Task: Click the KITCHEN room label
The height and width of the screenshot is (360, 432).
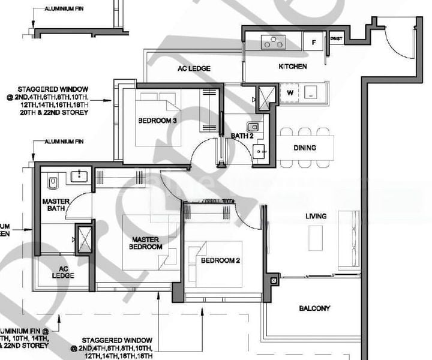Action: tap(292, 67)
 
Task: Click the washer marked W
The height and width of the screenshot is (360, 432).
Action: tap(290, 92)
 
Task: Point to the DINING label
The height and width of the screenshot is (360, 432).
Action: tap(305, 148)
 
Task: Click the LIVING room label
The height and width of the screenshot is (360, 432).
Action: tap(316, 216)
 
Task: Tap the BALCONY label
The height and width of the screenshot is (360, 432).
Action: tap(314, 308)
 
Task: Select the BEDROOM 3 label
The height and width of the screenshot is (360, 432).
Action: tap(157, 121)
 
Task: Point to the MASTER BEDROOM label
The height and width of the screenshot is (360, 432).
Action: tap(147, 243)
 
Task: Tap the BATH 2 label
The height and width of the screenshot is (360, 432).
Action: tap(244, 136)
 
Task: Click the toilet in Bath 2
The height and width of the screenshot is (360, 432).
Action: tap(256, 126)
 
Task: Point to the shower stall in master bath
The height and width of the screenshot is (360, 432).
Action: tap(82, 238)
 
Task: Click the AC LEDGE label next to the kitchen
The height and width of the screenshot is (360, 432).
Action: tap(194, 69)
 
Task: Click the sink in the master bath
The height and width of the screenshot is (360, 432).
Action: tap(79, 176)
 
